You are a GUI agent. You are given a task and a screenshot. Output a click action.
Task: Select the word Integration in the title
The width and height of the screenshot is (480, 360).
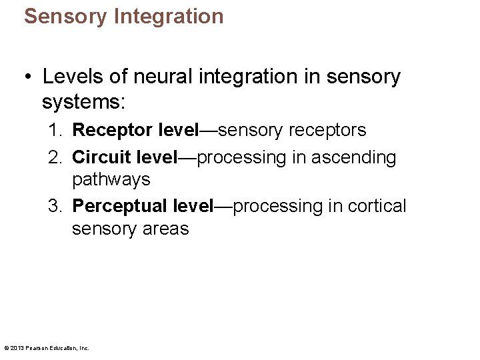tap(169, 16)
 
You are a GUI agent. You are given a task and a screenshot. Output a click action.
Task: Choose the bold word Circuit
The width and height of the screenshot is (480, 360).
tap(101, 158)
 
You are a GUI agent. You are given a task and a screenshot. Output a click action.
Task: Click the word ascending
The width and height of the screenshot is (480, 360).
tap(356, 158)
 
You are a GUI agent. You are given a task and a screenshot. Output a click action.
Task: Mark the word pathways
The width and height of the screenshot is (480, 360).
tap(111, 180)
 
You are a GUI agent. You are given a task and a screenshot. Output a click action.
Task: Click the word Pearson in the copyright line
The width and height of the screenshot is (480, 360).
tap(37, 348)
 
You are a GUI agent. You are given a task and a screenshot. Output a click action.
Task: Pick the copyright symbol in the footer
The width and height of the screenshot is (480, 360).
tap(6, 348)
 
